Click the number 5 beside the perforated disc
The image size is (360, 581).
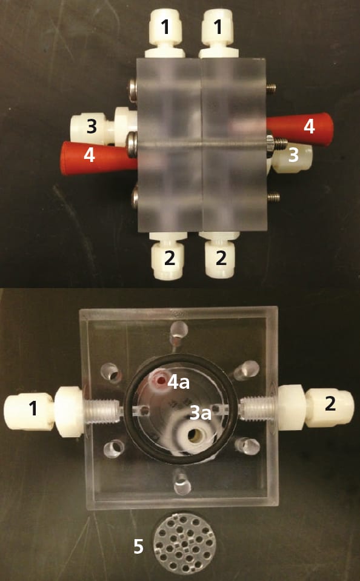point(138,546)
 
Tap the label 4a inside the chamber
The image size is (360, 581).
point(179,383)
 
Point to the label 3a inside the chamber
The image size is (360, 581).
point(201,413)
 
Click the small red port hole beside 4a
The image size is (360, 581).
point(161,380)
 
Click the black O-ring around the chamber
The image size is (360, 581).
point(180,357)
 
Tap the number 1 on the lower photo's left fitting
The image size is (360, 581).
point(33,408)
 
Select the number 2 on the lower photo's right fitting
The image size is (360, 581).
point(330,405)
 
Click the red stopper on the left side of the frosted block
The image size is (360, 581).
point(98,158)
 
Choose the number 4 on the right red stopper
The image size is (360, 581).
point(309,126)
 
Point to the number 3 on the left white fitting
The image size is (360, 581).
point(92,126)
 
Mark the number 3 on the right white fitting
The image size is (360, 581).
point(293,155)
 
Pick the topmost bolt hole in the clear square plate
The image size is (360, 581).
point(179,330)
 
